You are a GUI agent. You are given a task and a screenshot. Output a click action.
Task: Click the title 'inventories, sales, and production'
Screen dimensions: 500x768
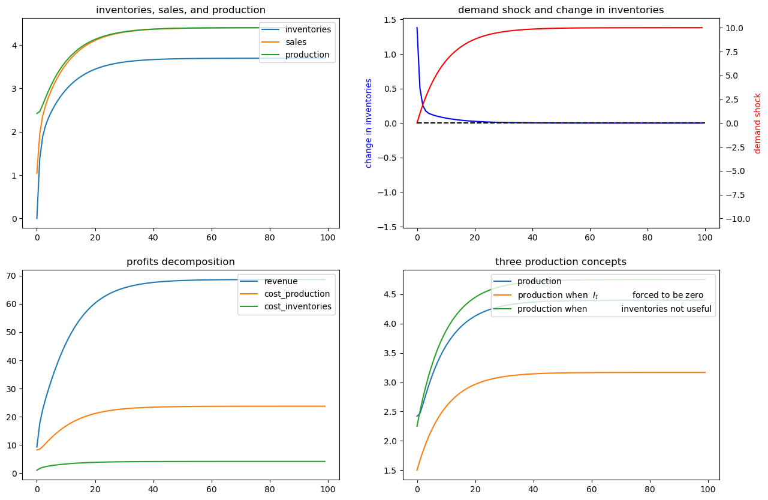[x=180, y=10]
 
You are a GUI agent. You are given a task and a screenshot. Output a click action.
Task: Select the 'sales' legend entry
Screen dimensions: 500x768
[x=296, y=42]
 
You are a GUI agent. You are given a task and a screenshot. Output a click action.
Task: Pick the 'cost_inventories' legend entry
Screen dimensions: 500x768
[x=298, y=307]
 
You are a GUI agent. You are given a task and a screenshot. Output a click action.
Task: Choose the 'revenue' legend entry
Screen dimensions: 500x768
[x=281, y=282]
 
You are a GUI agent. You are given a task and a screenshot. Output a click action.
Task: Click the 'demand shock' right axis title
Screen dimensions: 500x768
[x=757, y=123]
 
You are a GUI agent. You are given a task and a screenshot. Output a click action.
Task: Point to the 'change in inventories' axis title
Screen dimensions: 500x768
[x=369, y=123]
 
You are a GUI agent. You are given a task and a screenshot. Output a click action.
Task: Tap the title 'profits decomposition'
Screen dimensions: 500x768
[x=180, y=261]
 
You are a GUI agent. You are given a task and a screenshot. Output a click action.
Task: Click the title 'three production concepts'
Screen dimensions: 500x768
[x=561, y=261]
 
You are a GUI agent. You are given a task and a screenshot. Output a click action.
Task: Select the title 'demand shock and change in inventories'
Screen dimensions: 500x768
[x=561, y=10]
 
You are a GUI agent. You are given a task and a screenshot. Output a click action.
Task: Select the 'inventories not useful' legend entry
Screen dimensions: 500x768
[x=666, y=309]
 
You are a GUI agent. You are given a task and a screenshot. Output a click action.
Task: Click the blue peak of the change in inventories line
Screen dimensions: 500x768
[x=417, y=28]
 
